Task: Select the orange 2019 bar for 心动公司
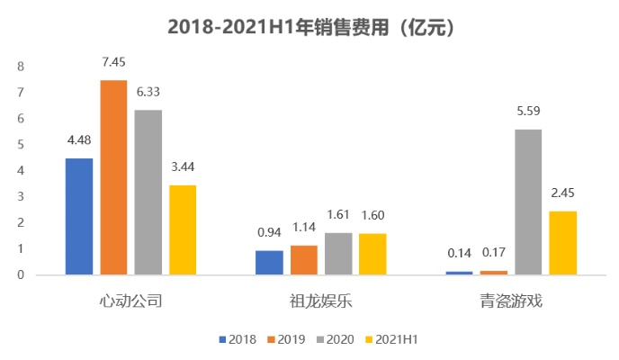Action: pos(113,176)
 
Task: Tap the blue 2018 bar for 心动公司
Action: pos(79,216)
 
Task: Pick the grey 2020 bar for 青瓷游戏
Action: pos(528,201)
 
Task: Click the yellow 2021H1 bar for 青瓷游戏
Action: pos(562,242)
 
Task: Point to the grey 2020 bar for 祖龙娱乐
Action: pos(338,253)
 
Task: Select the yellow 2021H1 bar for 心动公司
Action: pos(183,229)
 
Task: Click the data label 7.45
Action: pos(113,62)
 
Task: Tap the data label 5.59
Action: pos(528,111)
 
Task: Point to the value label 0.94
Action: pos(269,232)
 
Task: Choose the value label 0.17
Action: pos(493,252)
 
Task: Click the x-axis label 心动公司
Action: pos(131,301)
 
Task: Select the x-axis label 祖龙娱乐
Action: pos(321,301)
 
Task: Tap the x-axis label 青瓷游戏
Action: pos(511,301)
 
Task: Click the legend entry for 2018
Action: pos(237,339)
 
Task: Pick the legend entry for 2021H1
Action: pos(396,339)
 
